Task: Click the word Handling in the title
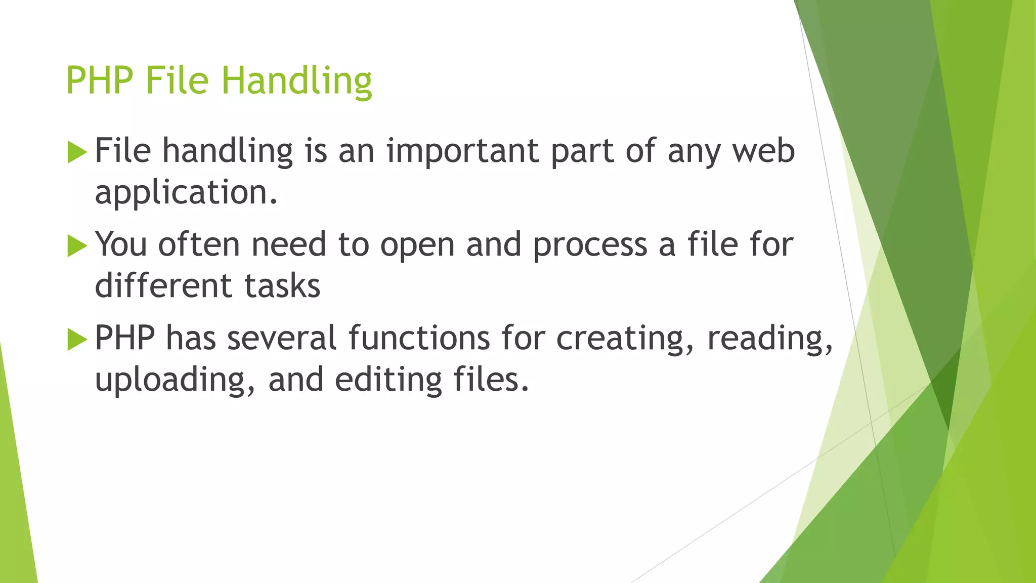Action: coord(297,81)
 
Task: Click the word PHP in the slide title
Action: coord(100,81)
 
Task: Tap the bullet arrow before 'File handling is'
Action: coord(77,152)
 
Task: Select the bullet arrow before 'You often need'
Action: coord(77,246)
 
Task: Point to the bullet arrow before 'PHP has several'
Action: coord(77,339)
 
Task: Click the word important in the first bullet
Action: coord(462,152)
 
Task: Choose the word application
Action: coord(186,193)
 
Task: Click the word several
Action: coord(281,338)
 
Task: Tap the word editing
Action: coord(388,381)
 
